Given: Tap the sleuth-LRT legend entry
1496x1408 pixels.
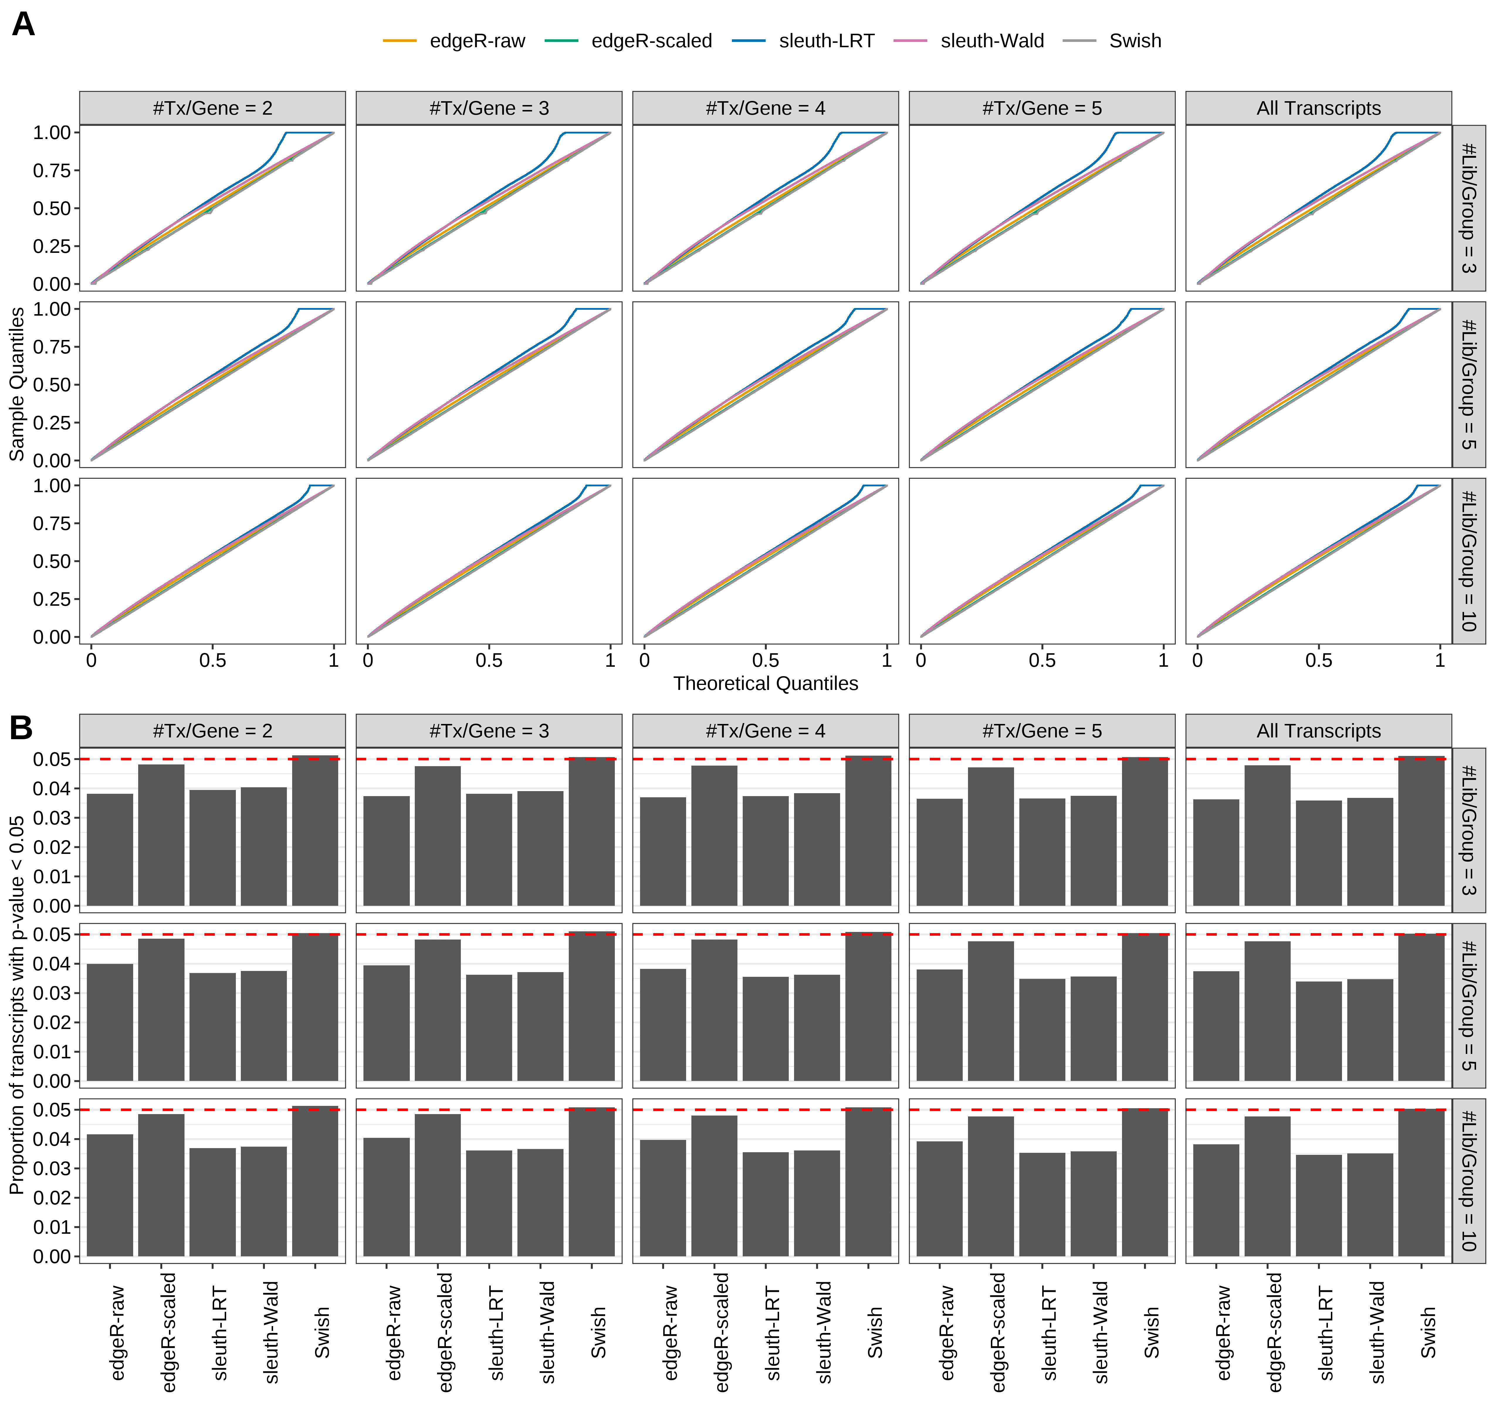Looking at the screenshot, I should pyautogui.click(x=826, y=41).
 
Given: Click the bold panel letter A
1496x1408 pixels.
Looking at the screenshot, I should pyautogui.click(x=23, y=25).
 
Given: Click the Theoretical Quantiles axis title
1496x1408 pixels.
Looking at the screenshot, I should pyautogui.click(x=765, y=683).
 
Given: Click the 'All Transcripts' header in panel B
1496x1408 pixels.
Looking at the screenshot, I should pyautogui.click(x=1319, y=731).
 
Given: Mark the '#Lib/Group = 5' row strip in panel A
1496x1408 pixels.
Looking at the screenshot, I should pyautogui.click(x=1468, y=385).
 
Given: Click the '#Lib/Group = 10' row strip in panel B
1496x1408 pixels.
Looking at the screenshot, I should pyautogui.click(x=1468, y=1181).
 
